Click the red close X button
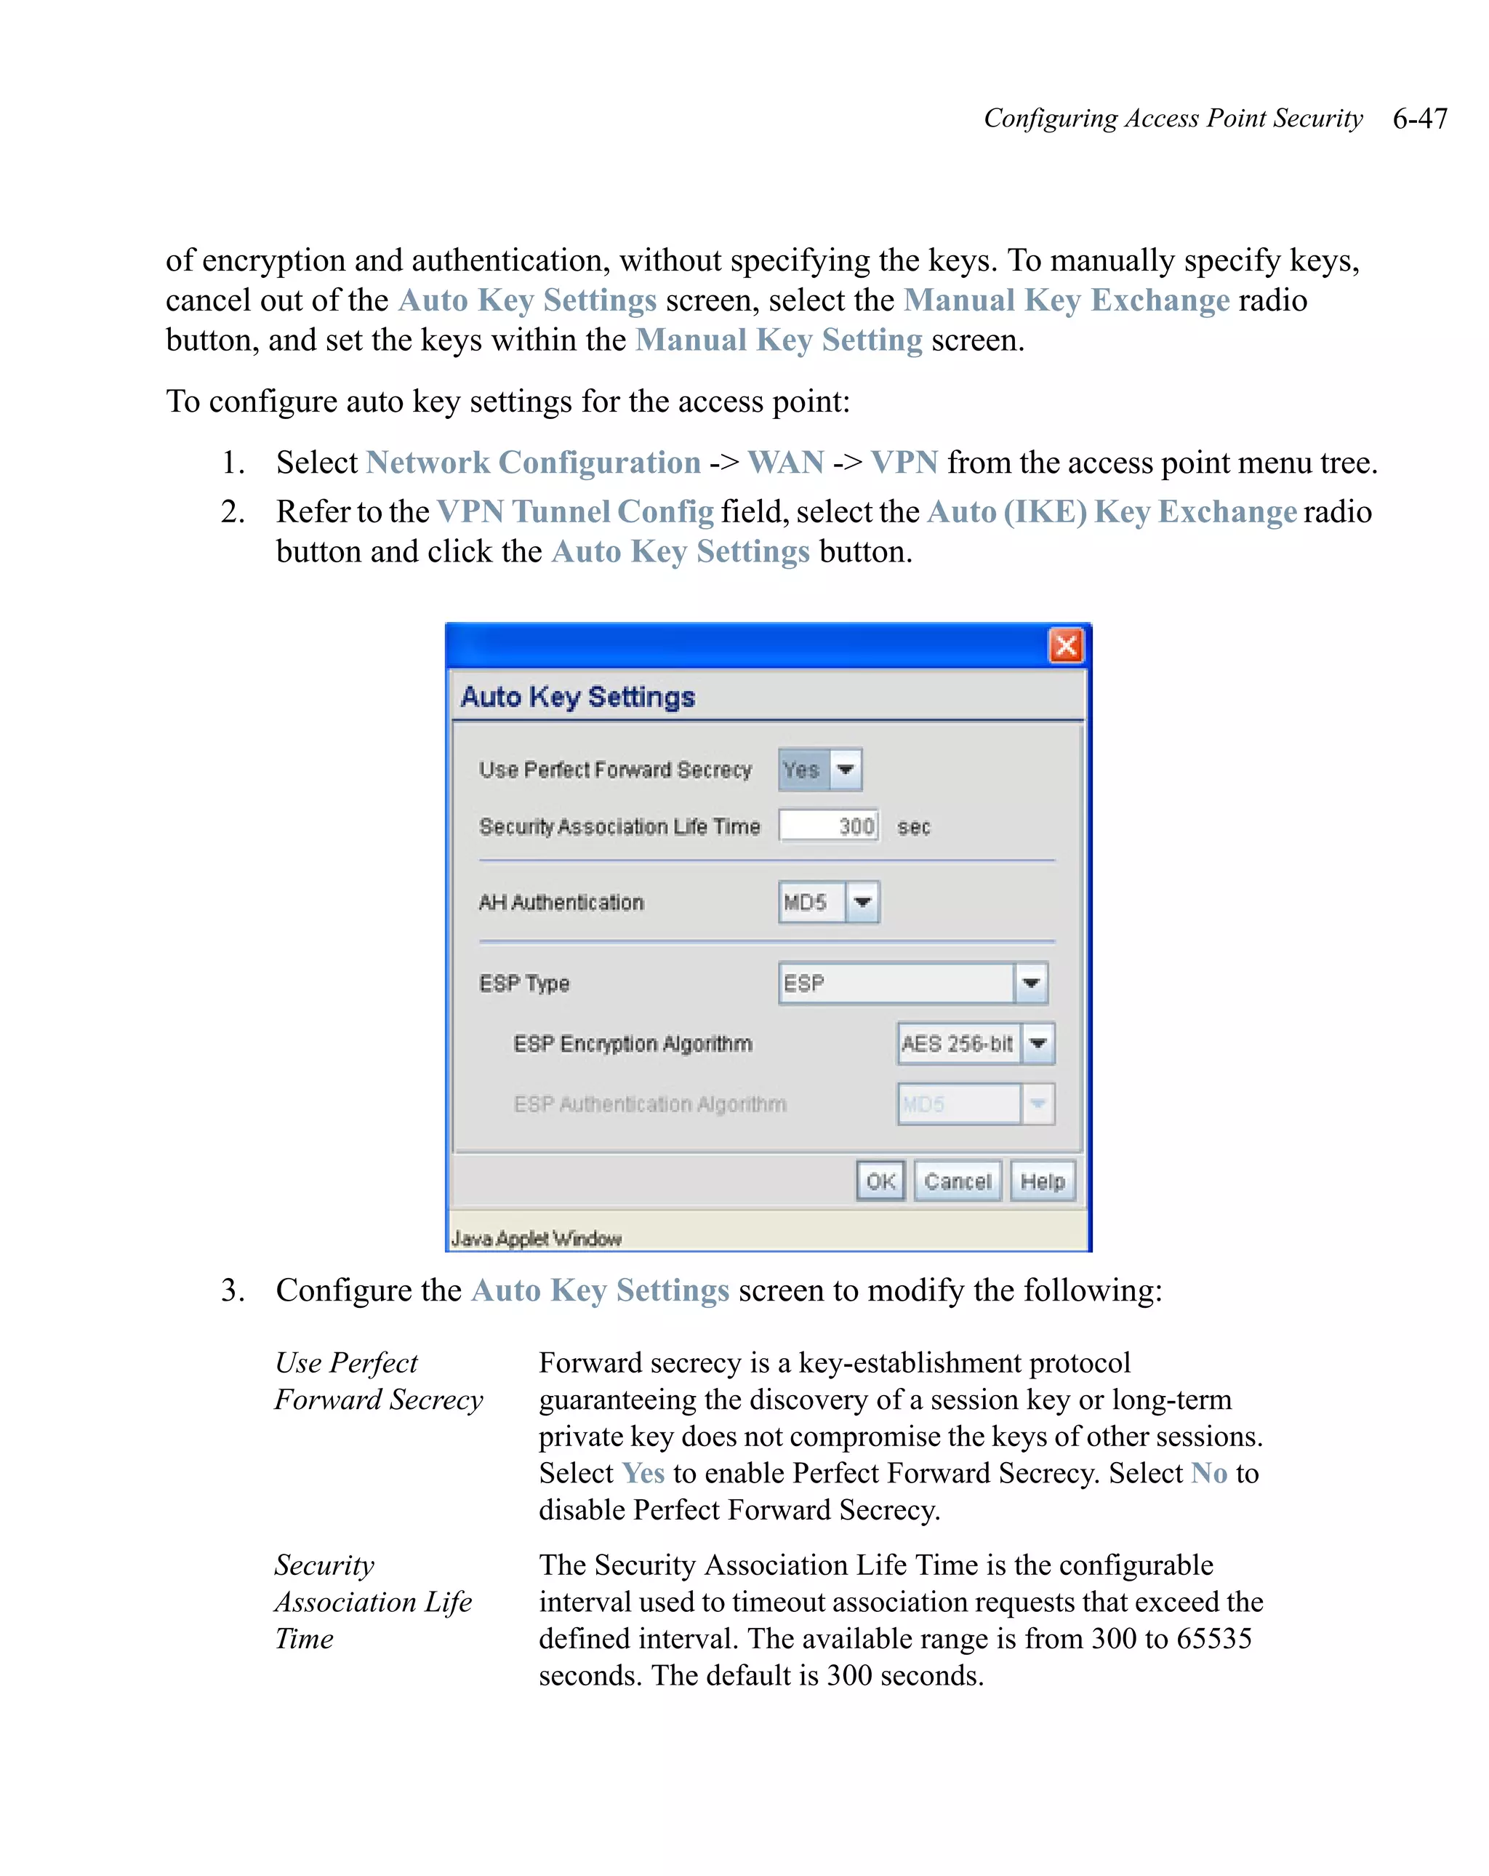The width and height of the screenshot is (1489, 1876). [1065, 646]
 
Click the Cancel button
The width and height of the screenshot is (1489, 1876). [957, 1181]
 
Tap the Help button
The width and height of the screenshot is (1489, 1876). [1042, 1181]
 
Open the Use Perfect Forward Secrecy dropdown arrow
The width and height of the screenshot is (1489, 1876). [845, 769]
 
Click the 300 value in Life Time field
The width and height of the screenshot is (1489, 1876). [856, 826]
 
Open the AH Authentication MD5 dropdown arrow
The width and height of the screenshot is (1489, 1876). [862, 901]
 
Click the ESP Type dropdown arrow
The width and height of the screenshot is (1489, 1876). [1031, 983]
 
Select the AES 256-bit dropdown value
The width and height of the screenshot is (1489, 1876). [957, 1043]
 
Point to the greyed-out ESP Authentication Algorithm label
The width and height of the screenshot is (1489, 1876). [650, 1104]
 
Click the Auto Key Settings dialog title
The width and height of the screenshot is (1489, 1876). [577, 697]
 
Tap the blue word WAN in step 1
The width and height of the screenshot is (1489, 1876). [785, 462]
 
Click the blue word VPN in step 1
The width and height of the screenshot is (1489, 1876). [904, 462]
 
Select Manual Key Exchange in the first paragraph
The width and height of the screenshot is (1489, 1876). [1067, 300]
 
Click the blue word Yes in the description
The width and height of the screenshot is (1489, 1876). [643, 1472]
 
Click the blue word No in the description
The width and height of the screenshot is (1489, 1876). [1208, 1472]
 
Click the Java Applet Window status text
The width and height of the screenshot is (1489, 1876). [536, 1238]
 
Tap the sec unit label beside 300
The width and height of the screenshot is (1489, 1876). [913, 826]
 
